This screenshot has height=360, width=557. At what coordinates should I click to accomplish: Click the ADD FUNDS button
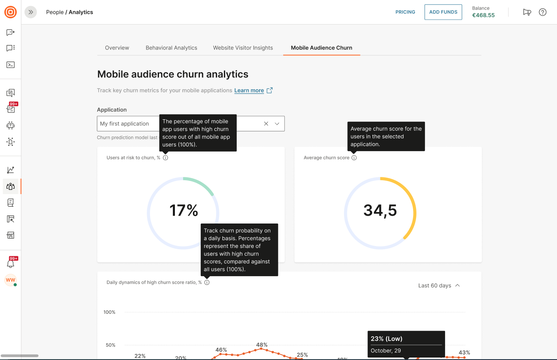443,12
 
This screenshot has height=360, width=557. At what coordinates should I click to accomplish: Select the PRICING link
405,12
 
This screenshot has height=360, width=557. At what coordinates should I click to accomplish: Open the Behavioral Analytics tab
171,48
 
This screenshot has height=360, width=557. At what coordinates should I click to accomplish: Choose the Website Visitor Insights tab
243,48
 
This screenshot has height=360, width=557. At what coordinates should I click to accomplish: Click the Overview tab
117,48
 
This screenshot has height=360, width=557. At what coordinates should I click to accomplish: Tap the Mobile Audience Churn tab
321,48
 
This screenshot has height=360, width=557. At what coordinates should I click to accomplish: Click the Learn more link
249,91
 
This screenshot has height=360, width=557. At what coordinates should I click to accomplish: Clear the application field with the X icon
266,124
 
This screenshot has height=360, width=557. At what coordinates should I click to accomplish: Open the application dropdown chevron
277,124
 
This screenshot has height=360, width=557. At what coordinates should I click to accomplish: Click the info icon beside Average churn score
354,158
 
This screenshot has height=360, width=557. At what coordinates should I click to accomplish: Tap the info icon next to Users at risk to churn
165,158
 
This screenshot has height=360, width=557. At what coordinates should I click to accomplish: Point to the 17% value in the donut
183,210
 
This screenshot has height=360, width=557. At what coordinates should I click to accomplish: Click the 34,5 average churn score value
380,210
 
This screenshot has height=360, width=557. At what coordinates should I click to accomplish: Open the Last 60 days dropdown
439,286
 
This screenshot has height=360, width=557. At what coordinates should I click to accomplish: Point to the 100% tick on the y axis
110,312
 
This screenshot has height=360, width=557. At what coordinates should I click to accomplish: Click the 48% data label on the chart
262,345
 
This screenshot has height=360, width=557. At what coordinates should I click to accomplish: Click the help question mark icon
542,12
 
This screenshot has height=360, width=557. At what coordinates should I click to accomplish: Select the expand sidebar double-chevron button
31,12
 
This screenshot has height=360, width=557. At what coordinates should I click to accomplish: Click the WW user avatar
10,280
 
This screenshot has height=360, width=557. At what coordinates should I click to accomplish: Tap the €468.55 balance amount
483,16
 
